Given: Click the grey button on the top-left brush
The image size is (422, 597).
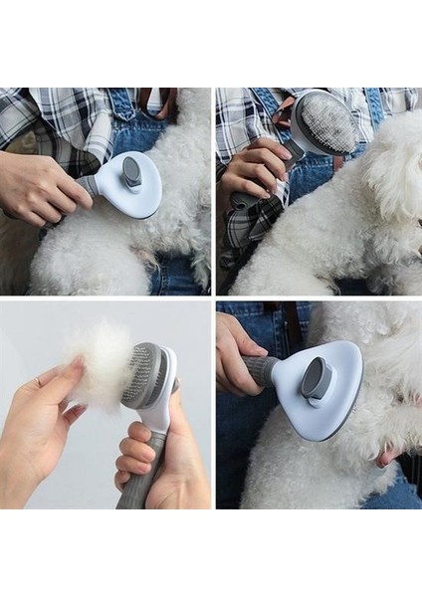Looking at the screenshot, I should coord(131,174).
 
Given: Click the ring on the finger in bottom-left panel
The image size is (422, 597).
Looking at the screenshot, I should coord(39,382).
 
